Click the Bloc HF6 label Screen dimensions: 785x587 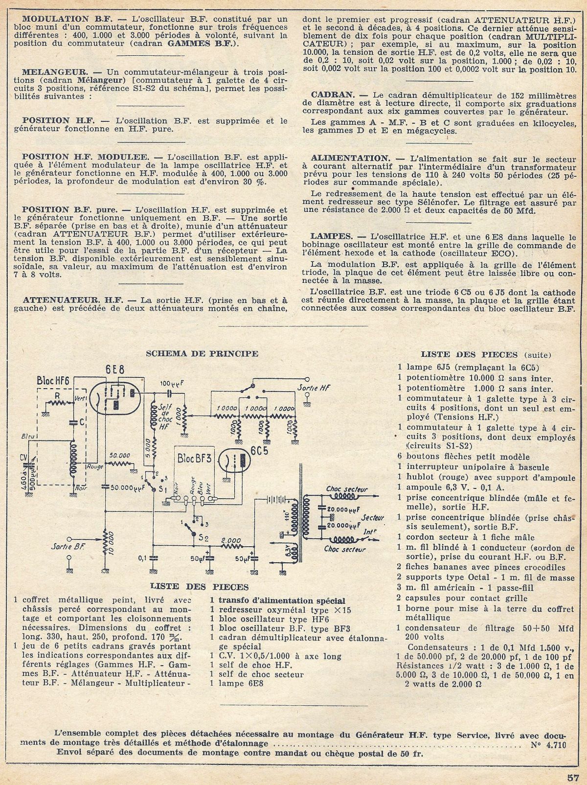(x=54, y=381)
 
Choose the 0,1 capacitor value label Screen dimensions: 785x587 (x=142, y=557)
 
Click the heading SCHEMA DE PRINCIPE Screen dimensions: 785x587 (x=203, y=353)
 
